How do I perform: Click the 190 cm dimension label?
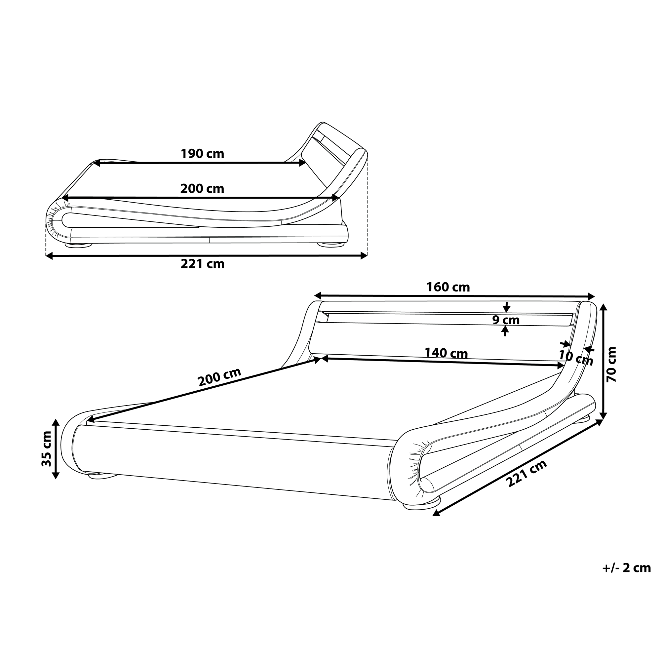(x=202, y=154)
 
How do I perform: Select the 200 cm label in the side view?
(x=202, y=188)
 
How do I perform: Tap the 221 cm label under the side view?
(x=202, y=264)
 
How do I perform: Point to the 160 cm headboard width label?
(x=448, y=287)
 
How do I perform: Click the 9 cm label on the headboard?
(x=506, y=320)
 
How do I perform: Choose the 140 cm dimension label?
(x=446, y=353)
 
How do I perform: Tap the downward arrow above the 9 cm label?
(x=507, y=308)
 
